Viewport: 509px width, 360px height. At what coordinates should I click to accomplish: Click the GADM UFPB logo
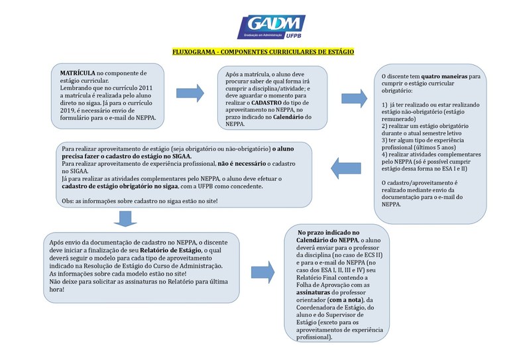pos(271,27)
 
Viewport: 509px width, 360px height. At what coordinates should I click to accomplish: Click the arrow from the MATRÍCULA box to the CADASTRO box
pos(190,93)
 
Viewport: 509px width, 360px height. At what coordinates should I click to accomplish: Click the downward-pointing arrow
pos(125,218)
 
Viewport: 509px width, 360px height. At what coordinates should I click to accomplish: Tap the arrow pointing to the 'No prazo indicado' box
pos(268,270)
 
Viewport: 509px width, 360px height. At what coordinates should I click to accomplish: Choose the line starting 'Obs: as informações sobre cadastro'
pos(144,200)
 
